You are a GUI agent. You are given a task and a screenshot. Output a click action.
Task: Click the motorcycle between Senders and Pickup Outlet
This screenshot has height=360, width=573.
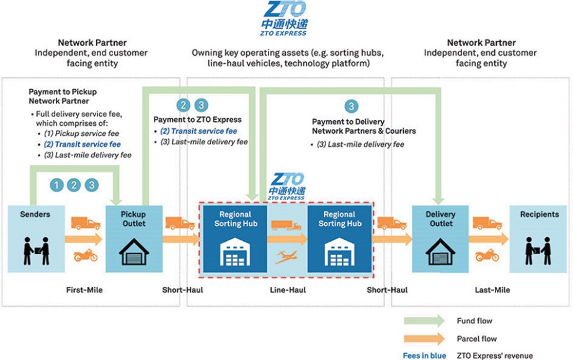pyautogui.click(x=85, y=255)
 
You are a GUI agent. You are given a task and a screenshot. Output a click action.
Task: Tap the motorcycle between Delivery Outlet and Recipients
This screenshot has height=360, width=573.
pyautogui.click(x=486, y=255)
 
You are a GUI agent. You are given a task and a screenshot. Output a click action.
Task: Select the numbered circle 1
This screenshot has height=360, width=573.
pyautogui.click(x=58, y=184)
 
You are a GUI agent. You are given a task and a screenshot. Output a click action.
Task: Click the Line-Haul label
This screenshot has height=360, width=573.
pyautogui.click(x=287, y=290)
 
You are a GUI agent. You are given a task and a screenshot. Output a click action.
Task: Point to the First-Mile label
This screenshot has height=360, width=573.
pyautogui.click(x=84, y=290)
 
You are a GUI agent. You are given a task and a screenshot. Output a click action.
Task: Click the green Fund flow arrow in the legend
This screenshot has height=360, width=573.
pyautogui.click(x=424, y=320)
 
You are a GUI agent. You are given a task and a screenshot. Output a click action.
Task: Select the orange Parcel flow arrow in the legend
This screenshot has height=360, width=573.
pyautogui.click(x=424, y=338)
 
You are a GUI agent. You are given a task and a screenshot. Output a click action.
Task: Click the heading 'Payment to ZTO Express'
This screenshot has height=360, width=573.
pyautogui.click(x=198, y=120)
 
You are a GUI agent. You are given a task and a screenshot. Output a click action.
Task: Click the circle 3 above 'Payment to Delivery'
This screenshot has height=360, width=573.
pyautogui.click(x=352, y=106)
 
